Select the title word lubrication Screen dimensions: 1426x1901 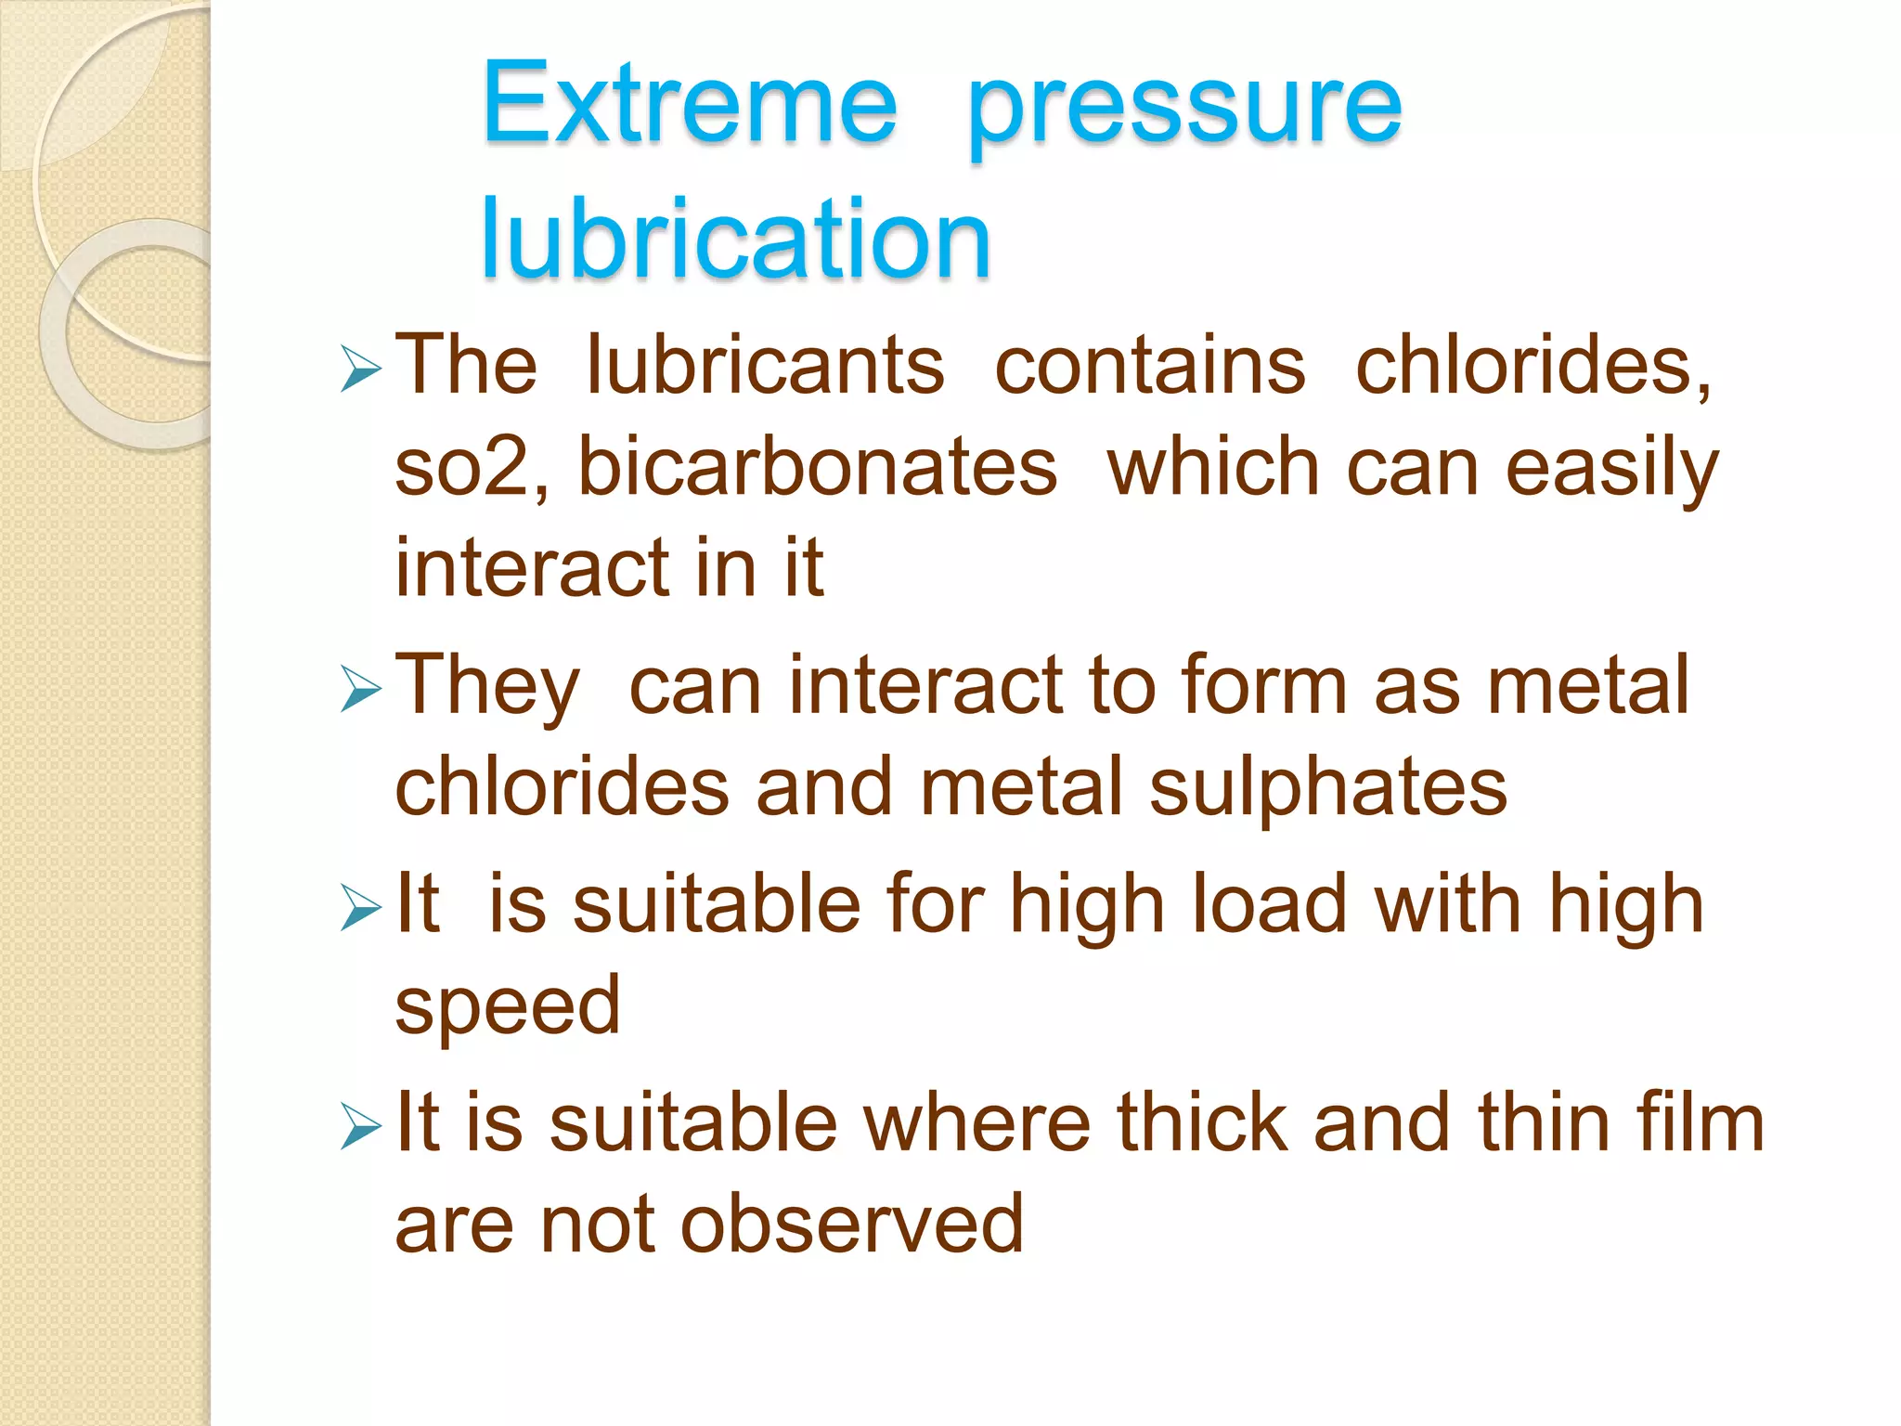point(735,239)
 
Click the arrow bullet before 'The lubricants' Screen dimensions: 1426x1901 point(360,369)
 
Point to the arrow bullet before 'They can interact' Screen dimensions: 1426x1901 point(360,689)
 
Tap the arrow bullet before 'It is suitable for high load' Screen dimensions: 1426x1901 point(360,907)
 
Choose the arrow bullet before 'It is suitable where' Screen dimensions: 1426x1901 point(360,1126)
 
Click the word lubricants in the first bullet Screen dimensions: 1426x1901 point(765,365)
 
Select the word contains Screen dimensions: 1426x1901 point(1150,365)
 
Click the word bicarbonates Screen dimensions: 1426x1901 point(817,467)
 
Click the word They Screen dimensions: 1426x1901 point(487,687)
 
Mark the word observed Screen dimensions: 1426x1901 point(852,1225)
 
